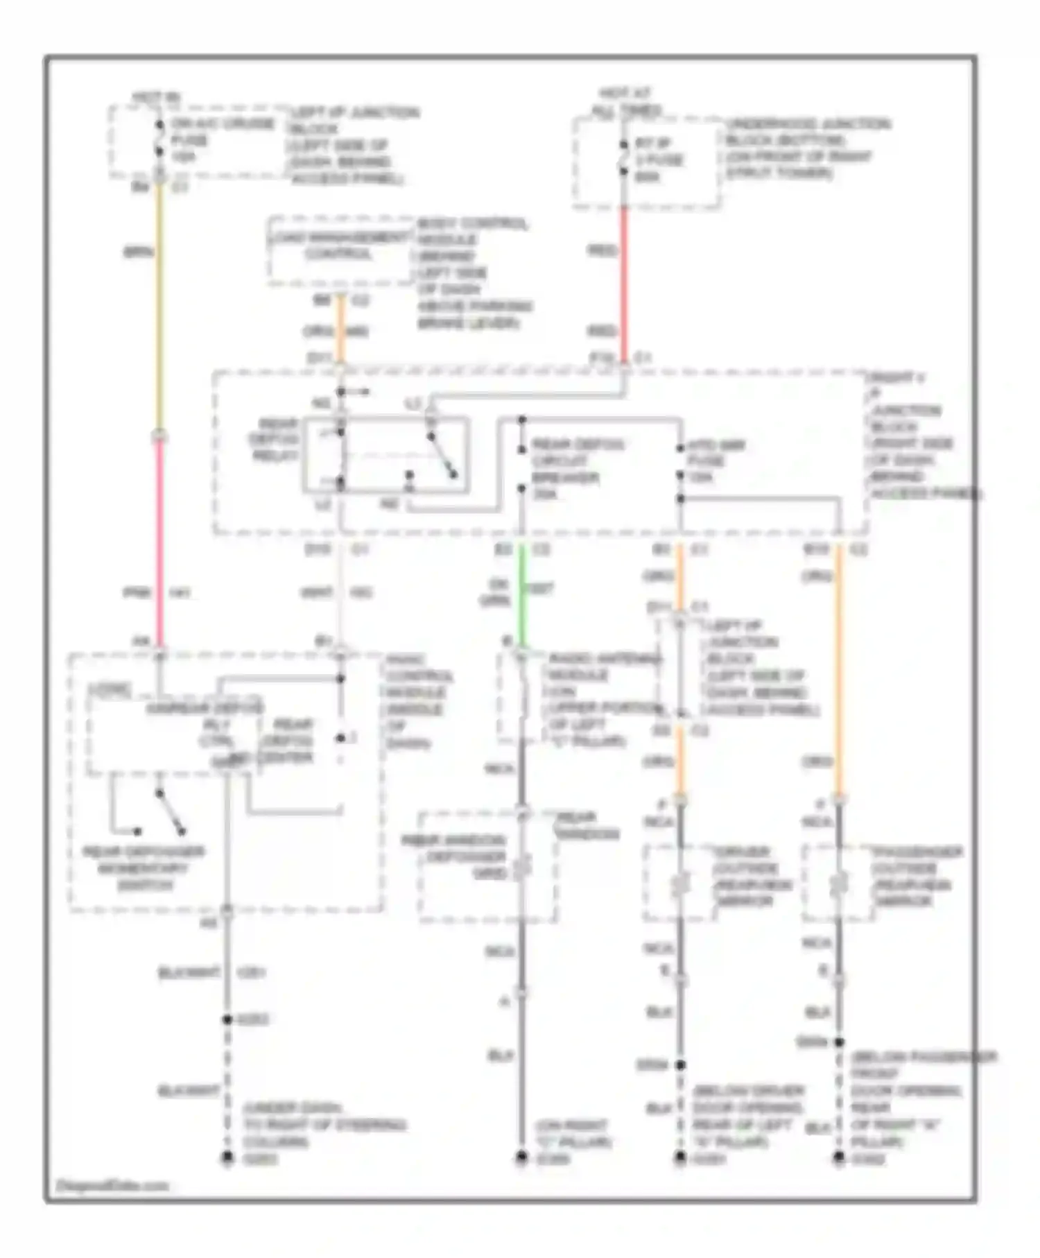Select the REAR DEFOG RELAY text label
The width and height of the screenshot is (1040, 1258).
275,440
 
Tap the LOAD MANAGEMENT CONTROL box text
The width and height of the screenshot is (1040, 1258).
339,246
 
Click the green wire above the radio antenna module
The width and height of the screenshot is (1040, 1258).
522,596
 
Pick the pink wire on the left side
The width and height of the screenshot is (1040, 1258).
159,541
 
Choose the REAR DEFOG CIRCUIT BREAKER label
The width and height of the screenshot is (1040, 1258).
577,469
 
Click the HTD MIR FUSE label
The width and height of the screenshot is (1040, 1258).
714,461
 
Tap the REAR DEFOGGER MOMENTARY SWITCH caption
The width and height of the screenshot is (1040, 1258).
144,868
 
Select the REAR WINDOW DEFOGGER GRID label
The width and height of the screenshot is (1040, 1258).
454,857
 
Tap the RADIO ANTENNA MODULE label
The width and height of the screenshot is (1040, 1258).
603,699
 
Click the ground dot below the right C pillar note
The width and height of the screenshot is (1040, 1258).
521,1157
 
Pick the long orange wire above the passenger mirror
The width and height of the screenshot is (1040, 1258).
839,666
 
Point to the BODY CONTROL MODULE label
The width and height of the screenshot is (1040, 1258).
473,273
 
